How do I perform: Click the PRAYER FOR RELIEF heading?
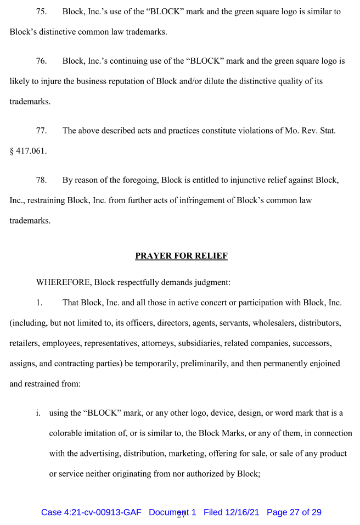(x=181, y=256)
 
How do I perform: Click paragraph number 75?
(x=41, y=12)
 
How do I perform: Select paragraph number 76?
(x=41, y=61)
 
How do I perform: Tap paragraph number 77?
(x=41, y=131)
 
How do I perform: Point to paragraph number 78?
(x=41, y=180)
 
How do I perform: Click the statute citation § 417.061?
(x=28, y=150)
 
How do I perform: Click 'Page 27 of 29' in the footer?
(x=294, y=512)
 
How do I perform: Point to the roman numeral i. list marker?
(x=38, y=413)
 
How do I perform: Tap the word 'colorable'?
(x=66, y=433)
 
